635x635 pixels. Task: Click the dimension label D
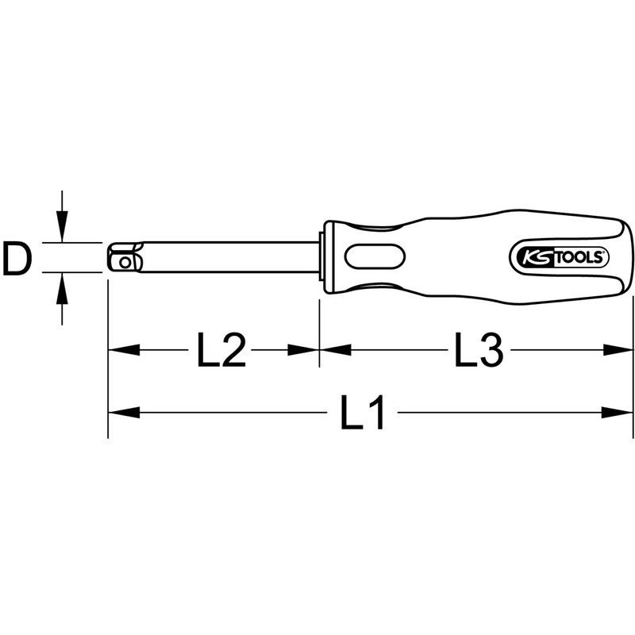[17, 259]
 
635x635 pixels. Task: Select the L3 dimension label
[479, 350]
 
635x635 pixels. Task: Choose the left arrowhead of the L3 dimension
[334, 350]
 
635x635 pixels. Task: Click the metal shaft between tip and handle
[230, 258]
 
